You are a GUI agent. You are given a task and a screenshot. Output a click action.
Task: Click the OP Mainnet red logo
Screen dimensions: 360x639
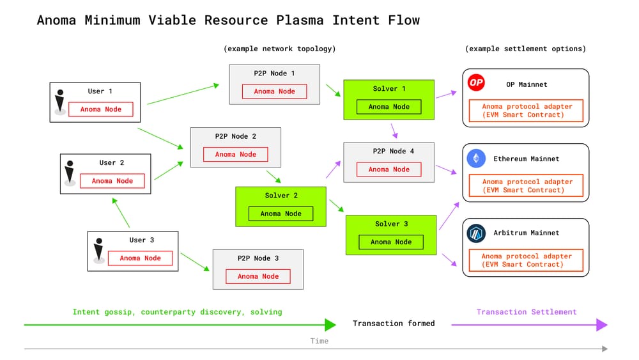[x=476, y=83]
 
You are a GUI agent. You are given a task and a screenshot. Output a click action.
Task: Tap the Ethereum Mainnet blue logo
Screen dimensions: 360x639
[x=476, y=158]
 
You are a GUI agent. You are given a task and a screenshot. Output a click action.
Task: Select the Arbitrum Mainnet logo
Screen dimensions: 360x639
[x=476, y=233]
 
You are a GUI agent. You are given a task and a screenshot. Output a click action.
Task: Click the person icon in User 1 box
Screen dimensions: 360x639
[x=60, y=102]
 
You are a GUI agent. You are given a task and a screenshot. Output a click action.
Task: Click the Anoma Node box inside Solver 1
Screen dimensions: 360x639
[x=389, y=107]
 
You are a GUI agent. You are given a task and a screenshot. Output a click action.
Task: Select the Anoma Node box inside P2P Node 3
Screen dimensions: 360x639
[x=258, y=276]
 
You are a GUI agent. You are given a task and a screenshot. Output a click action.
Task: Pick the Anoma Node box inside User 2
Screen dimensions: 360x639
[x=112, y=181]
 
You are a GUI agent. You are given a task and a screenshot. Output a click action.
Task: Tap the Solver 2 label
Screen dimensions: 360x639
[x=281, y=195]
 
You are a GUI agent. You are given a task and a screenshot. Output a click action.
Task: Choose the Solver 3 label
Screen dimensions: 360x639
[x=391, y=224]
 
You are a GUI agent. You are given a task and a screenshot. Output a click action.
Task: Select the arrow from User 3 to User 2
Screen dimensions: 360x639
[x=121, y=212]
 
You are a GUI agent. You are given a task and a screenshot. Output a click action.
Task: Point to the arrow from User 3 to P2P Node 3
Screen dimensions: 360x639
[x=195, y=262]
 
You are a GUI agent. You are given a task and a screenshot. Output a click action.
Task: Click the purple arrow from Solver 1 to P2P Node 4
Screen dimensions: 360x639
[x=394, y=131]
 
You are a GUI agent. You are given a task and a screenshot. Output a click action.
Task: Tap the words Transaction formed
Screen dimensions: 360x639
[x=394, y=324]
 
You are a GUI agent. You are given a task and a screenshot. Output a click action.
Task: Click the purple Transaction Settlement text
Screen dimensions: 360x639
[x=527, y=312]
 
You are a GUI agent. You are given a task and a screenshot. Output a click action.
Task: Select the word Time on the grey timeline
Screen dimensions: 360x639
[x=319, y=341]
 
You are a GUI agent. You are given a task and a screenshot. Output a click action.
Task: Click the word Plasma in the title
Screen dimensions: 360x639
[x=300, y=20]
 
